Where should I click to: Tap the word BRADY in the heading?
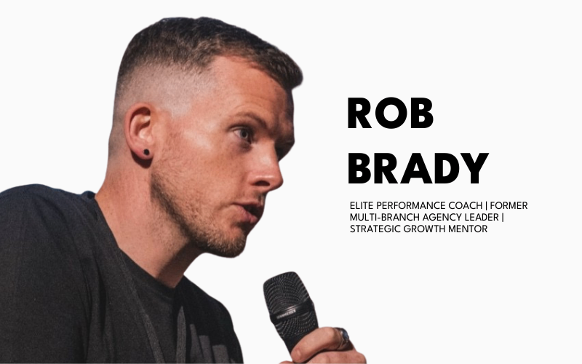point(417,169)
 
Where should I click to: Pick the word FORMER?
point(509,205)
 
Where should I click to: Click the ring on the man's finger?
point(343,336)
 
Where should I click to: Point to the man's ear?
point(139,131)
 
